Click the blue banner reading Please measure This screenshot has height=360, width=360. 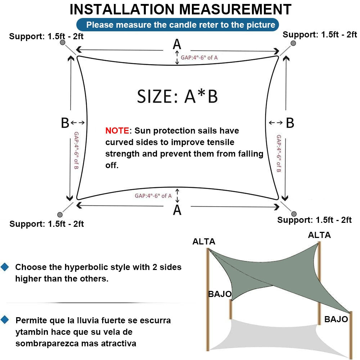coord(177,25)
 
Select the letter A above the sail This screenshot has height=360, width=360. coord(177,44)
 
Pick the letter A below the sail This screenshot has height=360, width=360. coord(177,210)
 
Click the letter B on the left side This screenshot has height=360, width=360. coord(65,123)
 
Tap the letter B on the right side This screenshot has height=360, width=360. coord(290,123)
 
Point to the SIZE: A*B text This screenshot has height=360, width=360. coord(177,96)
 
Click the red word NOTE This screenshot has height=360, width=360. coord(117,131)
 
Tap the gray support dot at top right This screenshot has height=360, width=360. coord(293,43)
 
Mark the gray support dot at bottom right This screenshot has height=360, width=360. coord(294,214)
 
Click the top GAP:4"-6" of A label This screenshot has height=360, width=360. coord(199,57)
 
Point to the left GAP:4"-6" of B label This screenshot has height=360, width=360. coord(76,150)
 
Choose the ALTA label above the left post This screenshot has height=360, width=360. coord(204,242)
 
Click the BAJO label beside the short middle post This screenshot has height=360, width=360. coord(220,294)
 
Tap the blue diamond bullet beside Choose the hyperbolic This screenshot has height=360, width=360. coord(5,267)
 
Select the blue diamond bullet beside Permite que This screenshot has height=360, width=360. coord(5,319)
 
